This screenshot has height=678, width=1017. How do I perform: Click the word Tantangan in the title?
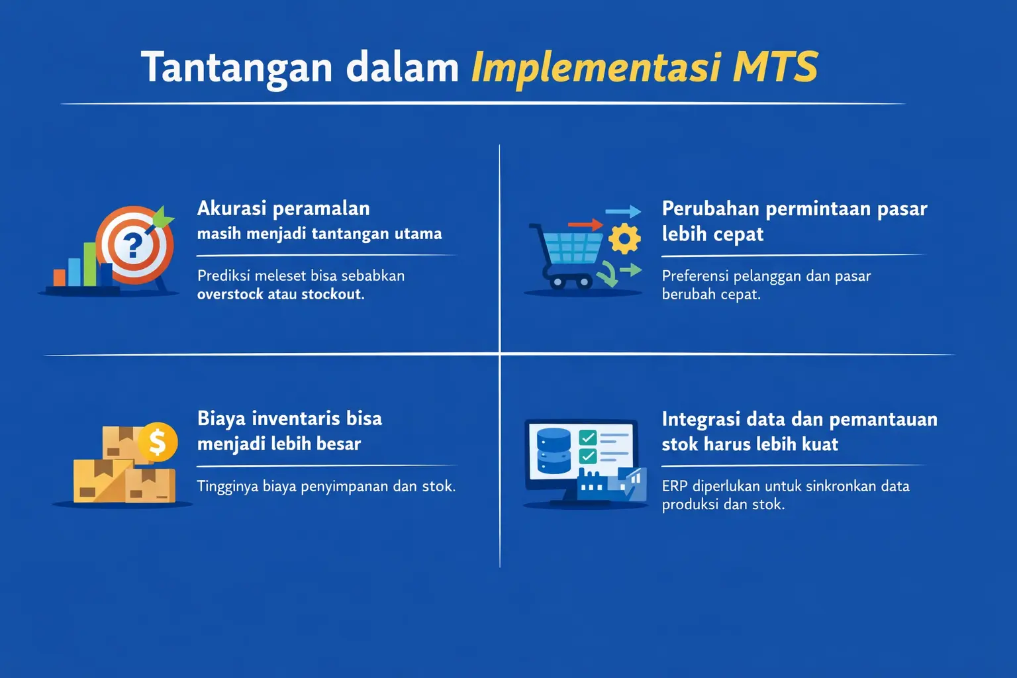tap(236, 68)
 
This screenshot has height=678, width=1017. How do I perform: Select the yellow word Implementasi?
tap(595, 68)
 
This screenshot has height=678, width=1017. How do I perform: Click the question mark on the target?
tap(134, 246)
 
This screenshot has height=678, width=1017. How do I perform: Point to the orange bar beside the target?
tap(60, 277)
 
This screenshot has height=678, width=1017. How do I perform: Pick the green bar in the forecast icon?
tap(89, 264)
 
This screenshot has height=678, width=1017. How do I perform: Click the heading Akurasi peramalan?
tap(283, 209)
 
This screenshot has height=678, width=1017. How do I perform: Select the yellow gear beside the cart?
tap(624, 239)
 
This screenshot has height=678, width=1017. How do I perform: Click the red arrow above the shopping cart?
tap(585, 225)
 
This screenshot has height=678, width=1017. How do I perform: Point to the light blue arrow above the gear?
tap(623, 212)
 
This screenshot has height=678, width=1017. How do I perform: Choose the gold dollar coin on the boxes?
tap(158, 442)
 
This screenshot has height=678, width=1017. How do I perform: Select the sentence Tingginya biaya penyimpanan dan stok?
tap(326, 487)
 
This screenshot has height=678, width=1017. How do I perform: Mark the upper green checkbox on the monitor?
tap(587, 438)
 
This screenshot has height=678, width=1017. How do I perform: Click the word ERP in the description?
tap(674, 487)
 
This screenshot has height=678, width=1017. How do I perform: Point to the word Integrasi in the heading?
tap(700, 420)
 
